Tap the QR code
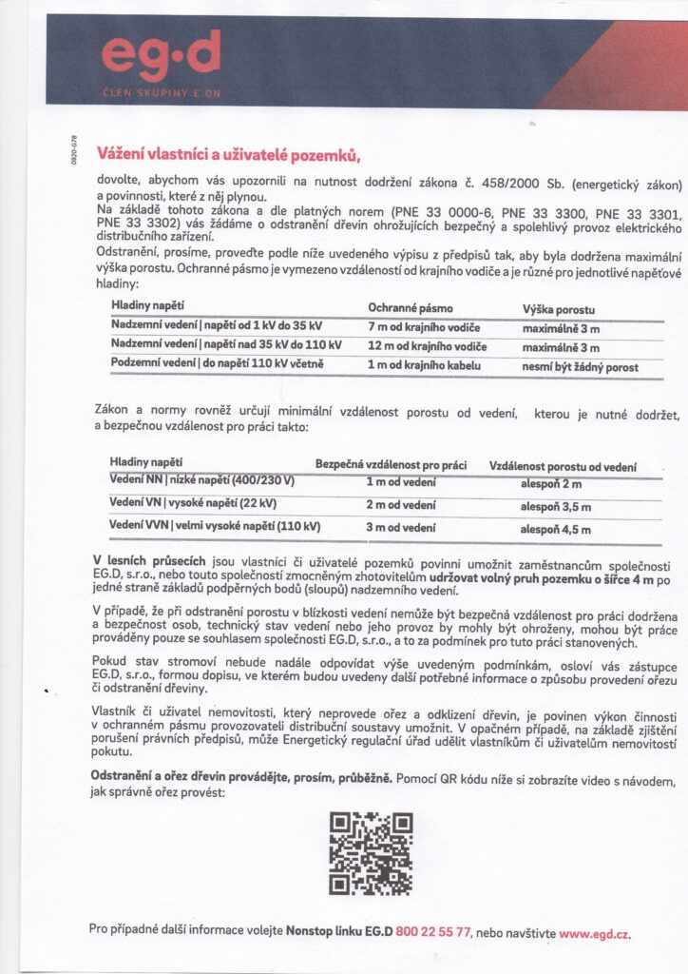371,853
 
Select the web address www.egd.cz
595,934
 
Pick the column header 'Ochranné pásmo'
411,308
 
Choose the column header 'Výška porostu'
559,311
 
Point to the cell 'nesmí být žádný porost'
581,368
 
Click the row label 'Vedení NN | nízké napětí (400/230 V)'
201,480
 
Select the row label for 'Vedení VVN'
214,525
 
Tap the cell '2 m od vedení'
401,504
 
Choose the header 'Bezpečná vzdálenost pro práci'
391,464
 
